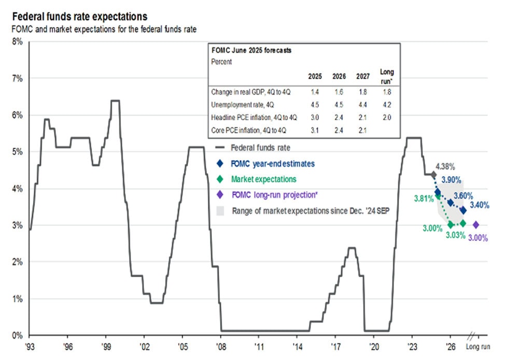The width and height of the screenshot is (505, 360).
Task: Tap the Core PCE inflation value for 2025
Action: pyautogui.click(x=314, y=129)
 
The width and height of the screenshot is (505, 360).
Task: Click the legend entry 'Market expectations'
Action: pyautogui.click(x=264, y=179)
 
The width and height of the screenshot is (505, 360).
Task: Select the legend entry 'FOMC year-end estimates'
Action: pyautogui.click(x=273, y=164)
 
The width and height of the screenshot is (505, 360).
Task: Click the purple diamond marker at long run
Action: pyautogui.click(x=476, y=225)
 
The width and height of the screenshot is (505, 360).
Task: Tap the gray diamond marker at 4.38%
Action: pyautogui.click(x=433, y=174)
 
